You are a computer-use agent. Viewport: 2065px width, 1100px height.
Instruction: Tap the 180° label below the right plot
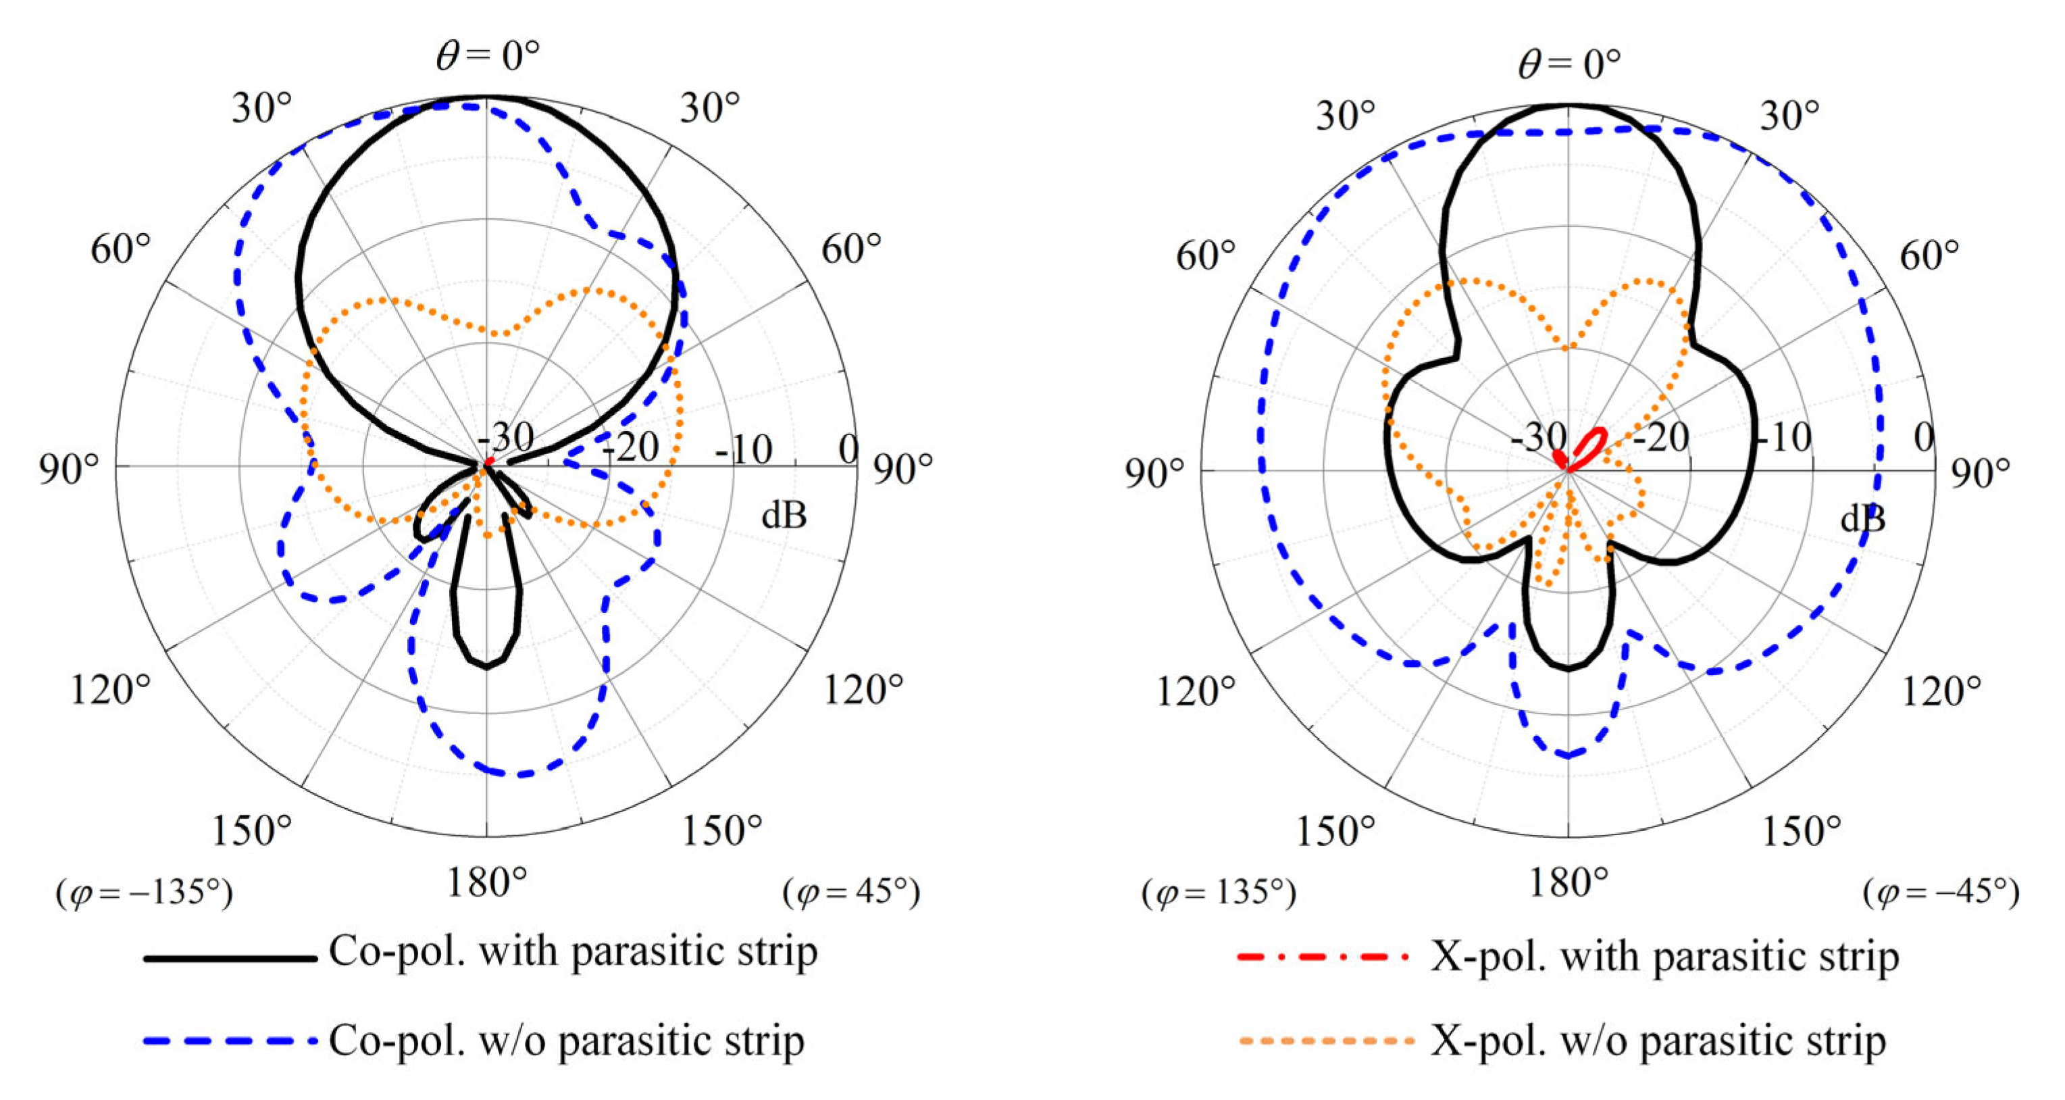[x=1569, y=884]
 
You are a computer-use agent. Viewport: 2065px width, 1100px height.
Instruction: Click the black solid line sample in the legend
[x=230, y=958]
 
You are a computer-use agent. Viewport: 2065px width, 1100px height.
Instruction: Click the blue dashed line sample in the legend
[x=230, y=1043]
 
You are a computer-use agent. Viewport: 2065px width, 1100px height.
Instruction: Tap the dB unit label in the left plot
[x=783, y=516]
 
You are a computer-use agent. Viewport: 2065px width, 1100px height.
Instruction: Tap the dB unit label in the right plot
[x=1862, y=520]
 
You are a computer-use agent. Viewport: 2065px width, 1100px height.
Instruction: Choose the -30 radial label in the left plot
[x=505, y=438]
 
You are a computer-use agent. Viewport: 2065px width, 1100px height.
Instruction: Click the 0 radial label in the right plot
[x=1923, y=438]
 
